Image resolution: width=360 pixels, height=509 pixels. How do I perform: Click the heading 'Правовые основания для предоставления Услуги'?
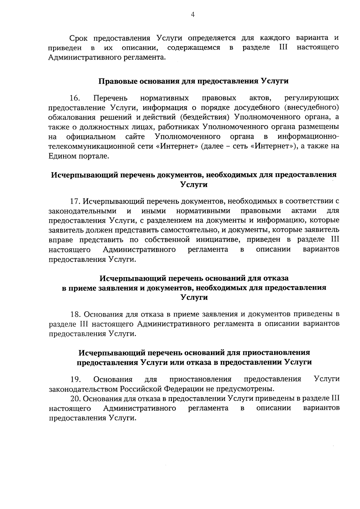[193, 81]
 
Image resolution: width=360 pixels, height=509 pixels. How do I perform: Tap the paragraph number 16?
[75, 98]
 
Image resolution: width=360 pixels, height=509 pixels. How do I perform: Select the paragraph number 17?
[75, 201]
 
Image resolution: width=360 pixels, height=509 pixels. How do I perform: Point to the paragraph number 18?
[76, 314]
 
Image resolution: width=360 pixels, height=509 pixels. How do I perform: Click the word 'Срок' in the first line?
[79, 38]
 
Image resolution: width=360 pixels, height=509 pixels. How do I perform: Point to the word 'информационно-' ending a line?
[308, 137]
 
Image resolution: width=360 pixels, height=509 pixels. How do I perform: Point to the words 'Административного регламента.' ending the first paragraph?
[107, 57]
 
